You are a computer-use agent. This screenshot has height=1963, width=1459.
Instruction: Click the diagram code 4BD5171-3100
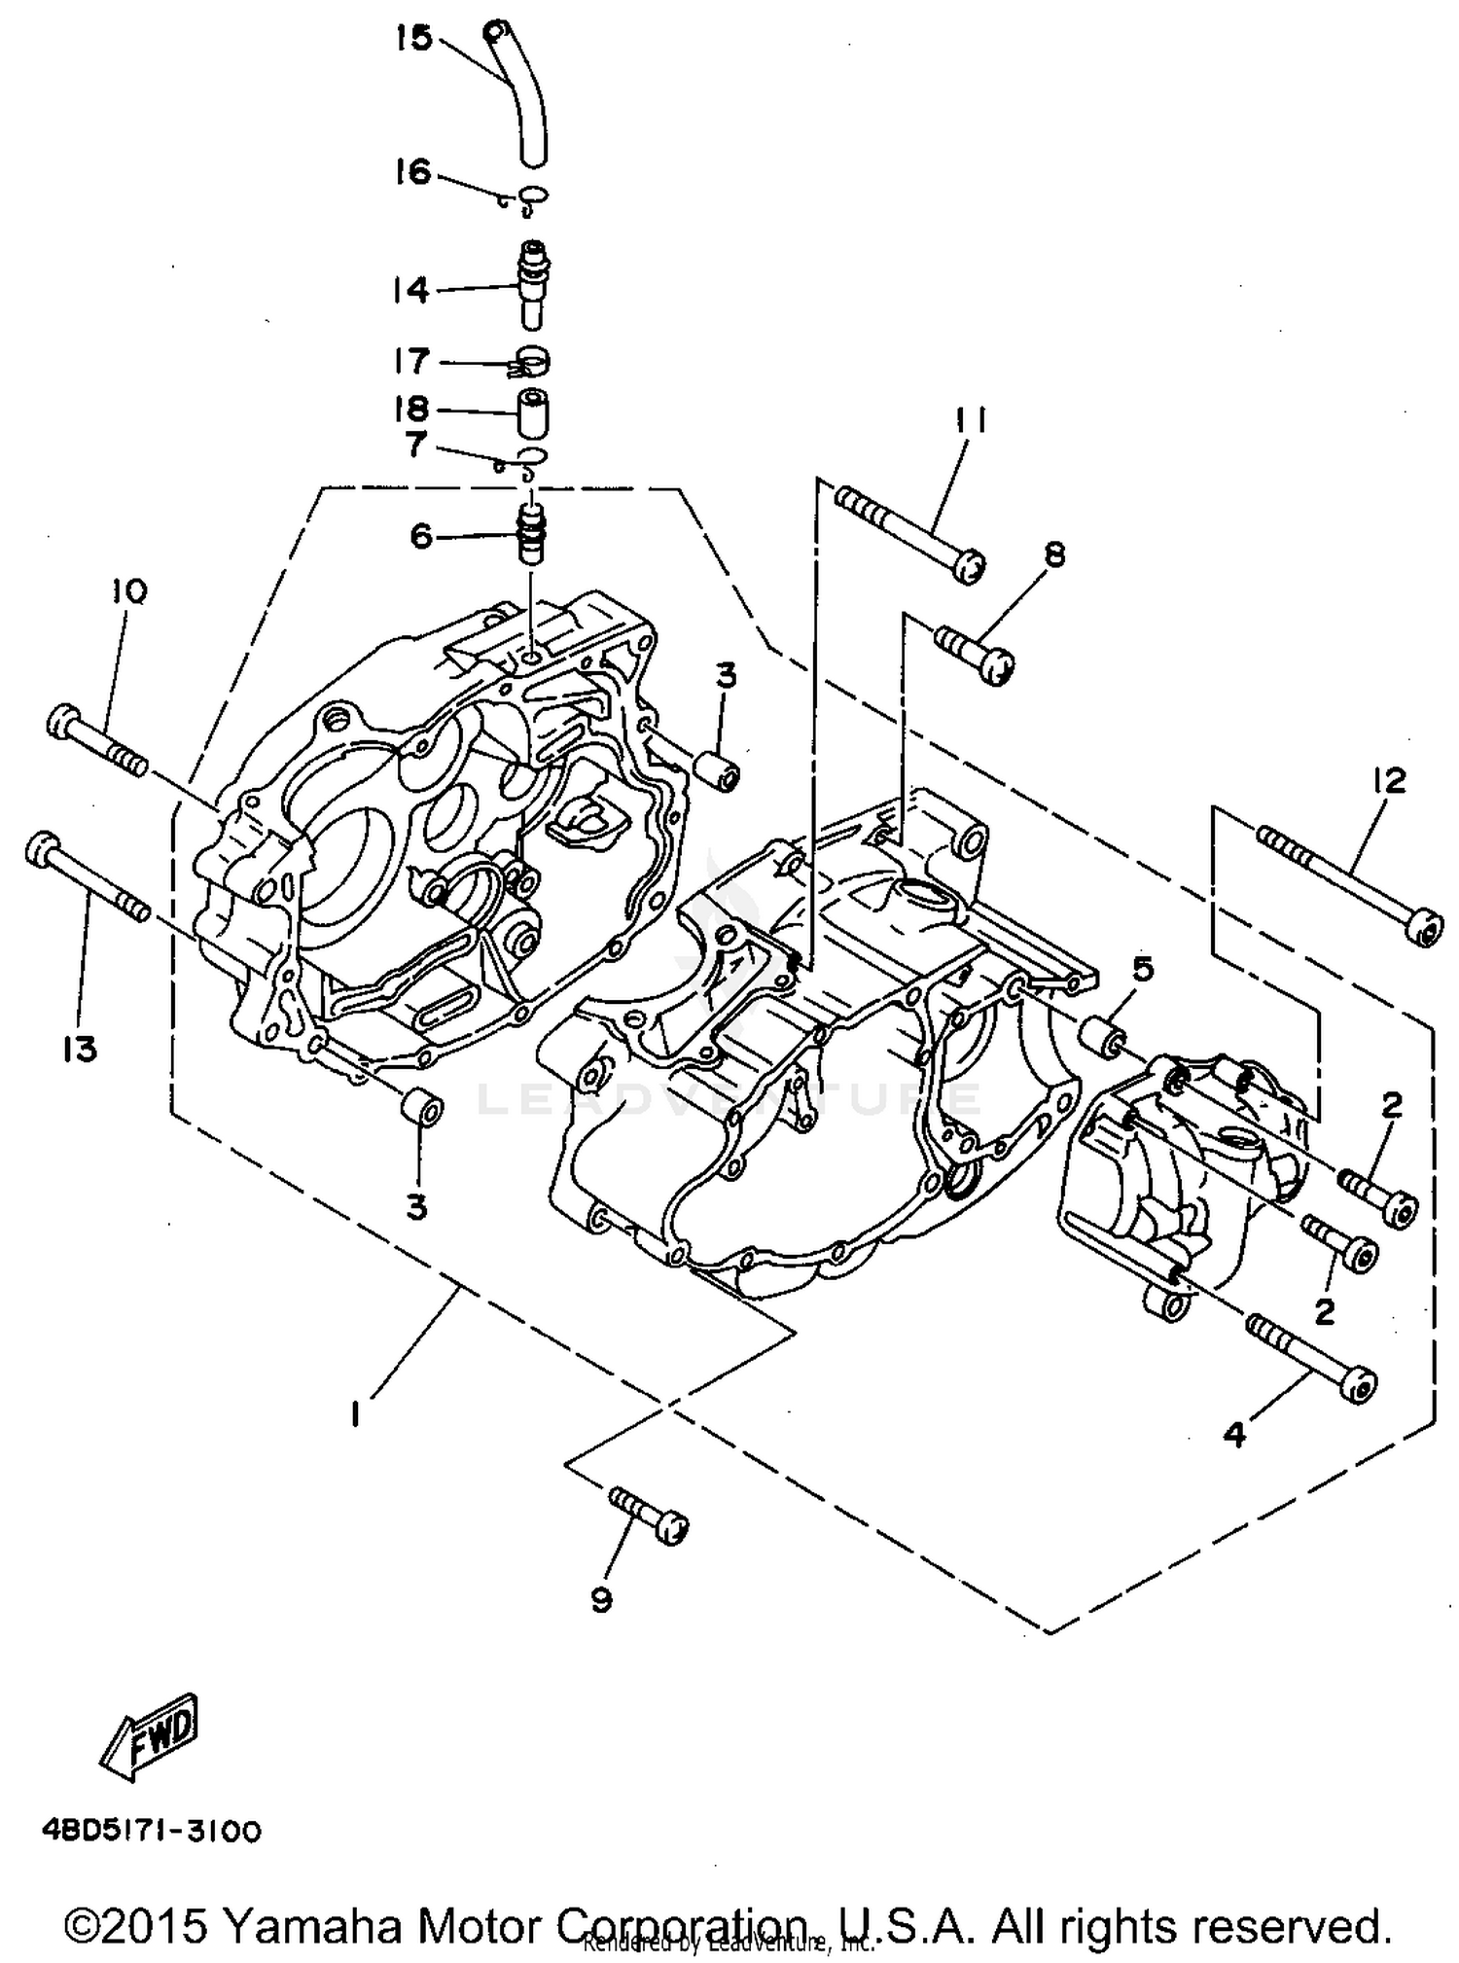(x=152, y=1832)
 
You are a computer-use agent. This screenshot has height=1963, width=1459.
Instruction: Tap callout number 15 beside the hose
(x=412, y=40)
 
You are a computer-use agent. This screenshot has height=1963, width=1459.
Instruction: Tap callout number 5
(x=1142, y=969)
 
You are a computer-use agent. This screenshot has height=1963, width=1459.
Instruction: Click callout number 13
(x=81, y=1049)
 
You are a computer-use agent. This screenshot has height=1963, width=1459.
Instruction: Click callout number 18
(x=412, y=409)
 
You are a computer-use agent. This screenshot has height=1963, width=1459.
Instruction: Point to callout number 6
(x=420, y=535)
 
